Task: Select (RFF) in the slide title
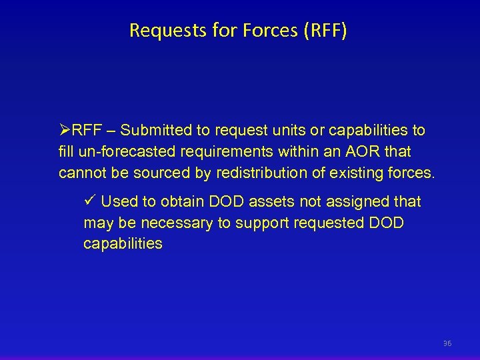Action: [x=325, y=31]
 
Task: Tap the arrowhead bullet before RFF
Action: [x=65, y=130]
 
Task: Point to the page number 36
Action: [x=447, y=343]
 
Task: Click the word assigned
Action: [x=351, y=201]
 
